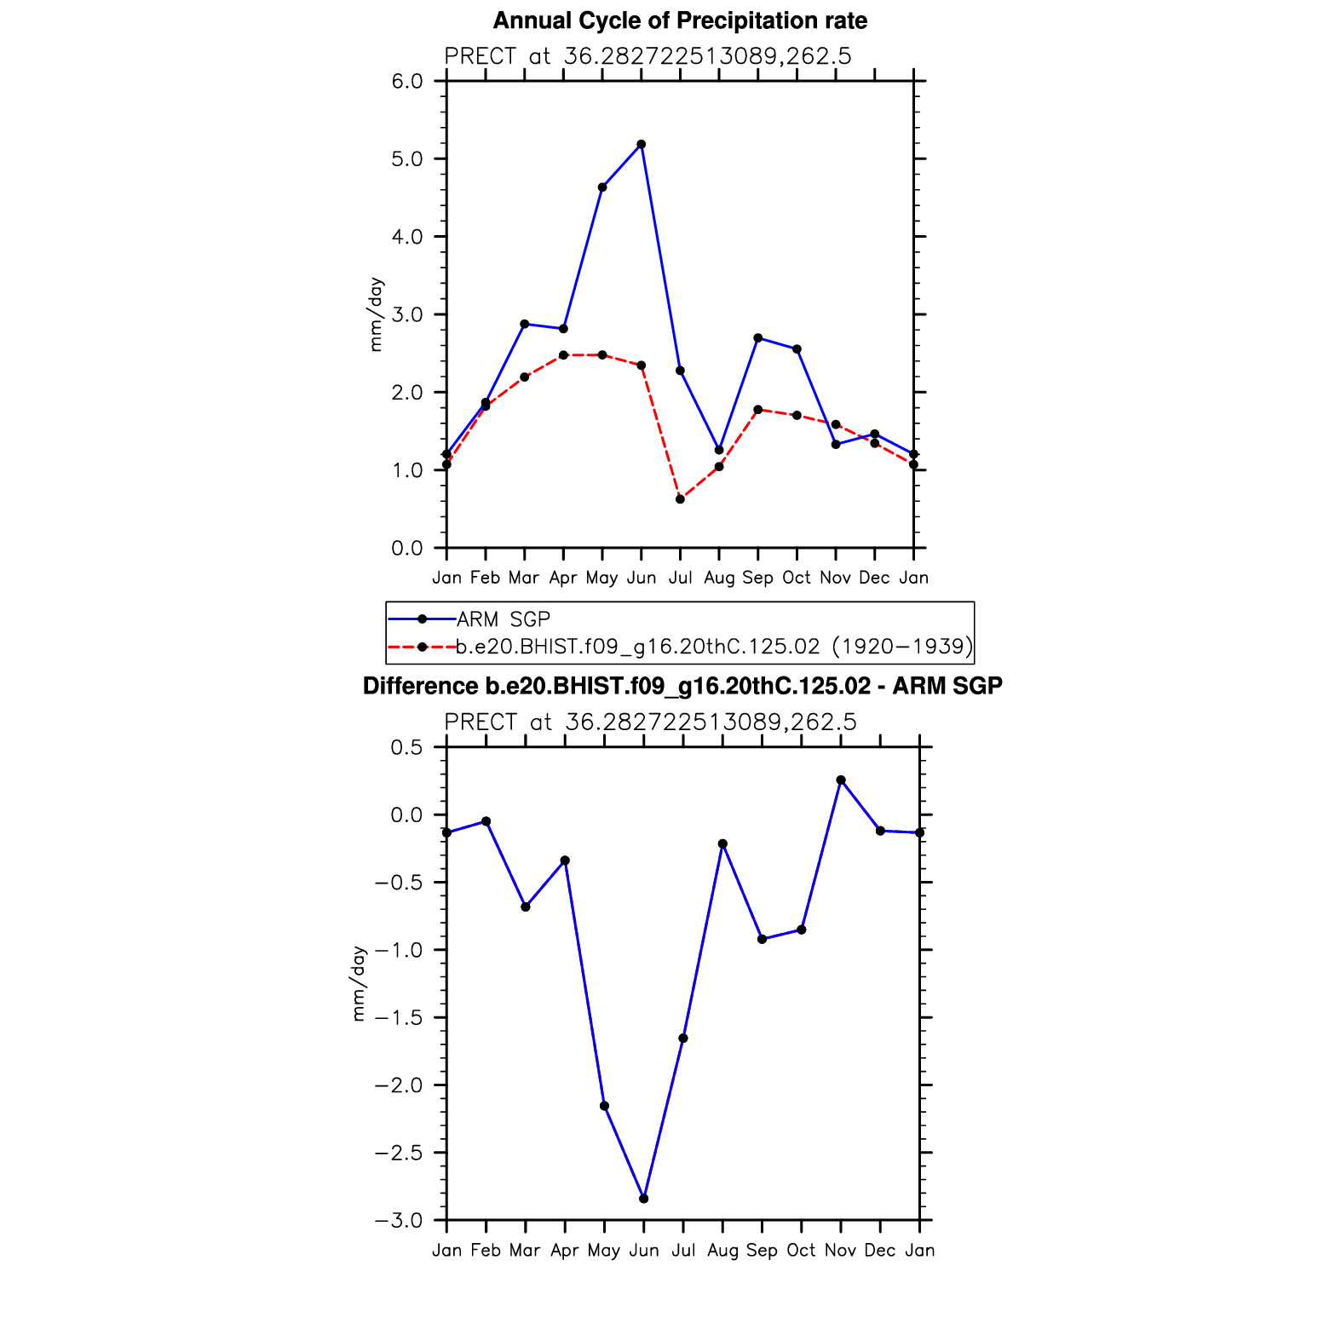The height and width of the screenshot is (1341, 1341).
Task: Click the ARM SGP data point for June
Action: coord(642,145)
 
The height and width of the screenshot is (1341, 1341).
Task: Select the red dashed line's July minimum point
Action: coord(680,499)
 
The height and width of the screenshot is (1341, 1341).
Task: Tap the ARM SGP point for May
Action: coord(602,187)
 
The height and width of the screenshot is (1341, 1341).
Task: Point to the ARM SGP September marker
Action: coord(758,338)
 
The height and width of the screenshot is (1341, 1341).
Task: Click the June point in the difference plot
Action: coord(644,1199)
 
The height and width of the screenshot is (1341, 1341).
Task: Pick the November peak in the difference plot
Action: coord(841,780)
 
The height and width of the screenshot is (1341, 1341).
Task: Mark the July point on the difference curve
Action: coord(683,1039)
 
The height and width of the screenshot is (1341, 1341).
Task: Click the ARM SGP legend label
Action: coord(504,619)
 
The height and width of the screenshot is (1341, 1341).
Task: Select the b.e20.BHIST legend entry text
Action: coord(714,647)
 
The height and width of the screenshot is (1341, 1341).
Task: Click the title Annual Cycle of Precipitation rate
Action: coord(680,20)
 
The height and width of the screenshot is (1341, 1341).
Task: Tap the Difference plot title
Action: coord(682,686)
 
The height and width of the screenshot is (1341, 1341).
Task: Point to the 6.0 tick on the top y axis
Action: coord(407,81)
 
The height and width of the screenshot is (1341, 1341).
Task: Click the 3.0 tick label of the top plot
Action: coord(407,314)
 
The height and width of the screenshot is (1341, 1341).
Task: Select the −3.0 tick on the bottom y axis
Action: coord(399,1220)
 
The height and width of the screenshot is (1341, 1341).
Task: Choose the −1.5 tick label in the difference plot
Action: coord(399,1017)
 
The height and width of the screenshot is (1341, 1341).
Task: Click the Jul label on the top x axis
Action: coord(680,578)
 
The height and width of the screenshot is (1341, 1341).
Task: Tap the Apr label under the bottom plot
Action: coord(565,1250)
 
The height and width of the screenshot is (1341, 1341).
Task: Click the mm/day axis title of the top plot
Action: coord(376,314)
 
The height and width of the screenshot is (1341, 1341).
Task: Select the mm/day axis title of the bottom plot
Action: coord(359,983)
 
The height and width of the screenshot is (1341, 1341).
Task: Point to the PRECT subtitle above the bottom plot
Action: coord(650,722)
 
